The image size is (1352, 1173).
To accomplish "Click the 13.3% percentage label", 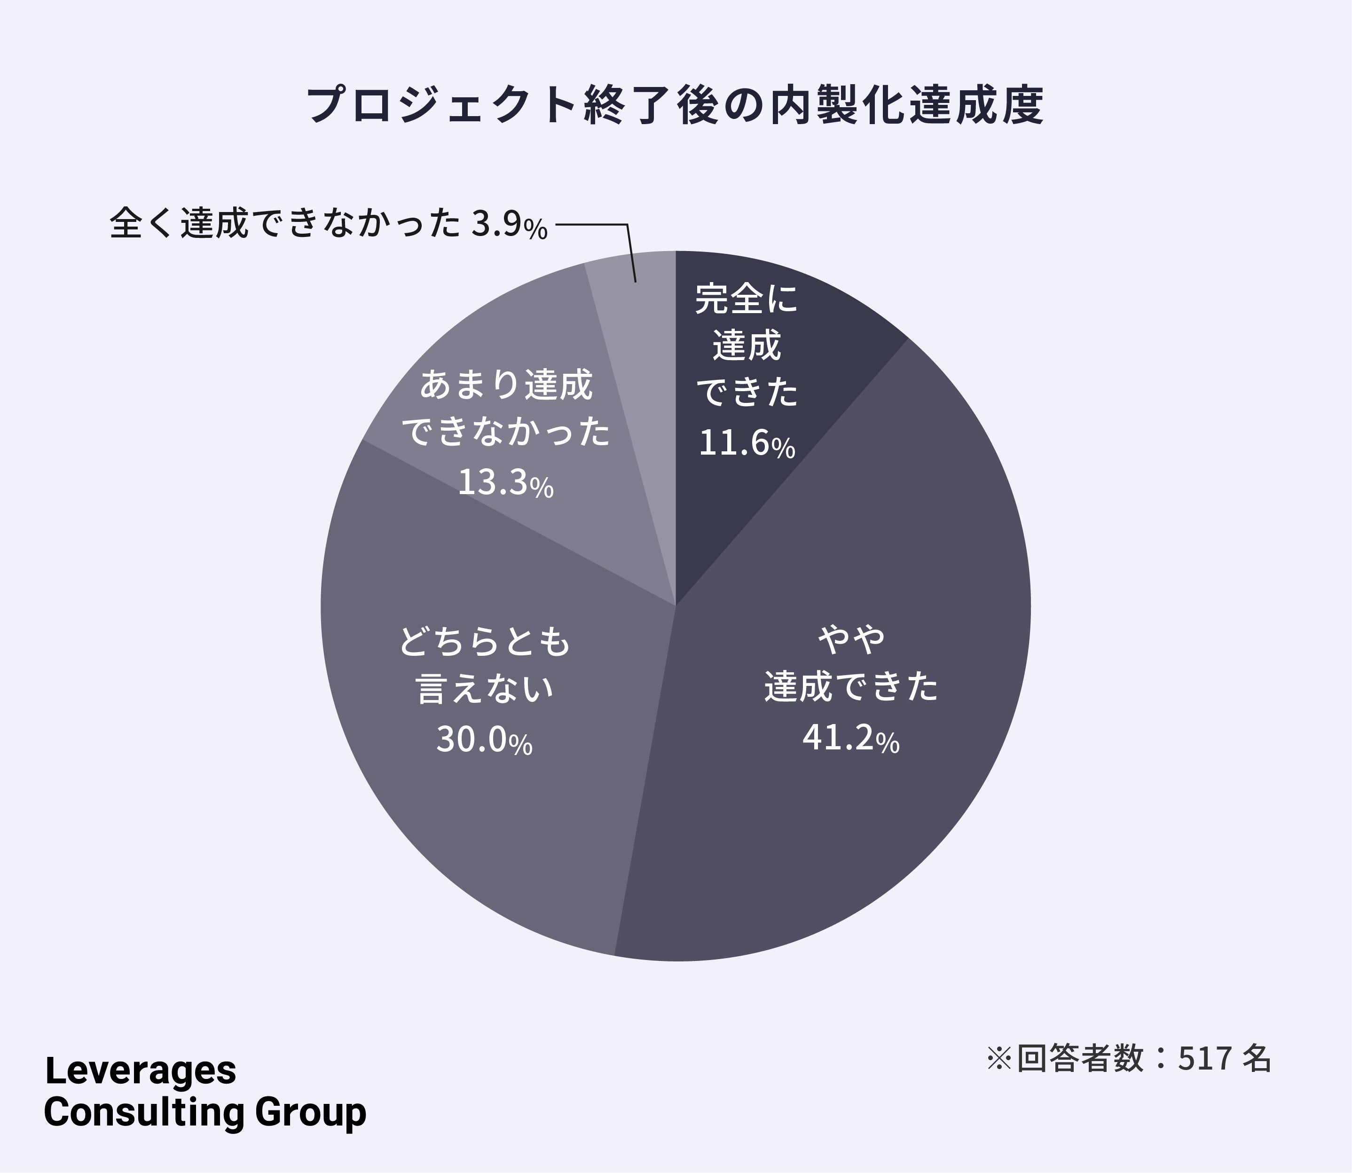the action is click(x=505, y=482).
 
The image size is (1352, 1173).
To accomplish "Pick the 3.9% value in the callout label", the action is click(x=510, y=225).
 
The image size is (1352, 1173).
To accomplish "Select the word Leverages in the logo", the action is click(x=141, y=1071).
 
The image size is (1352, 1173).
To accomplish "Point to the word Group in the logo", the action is click(x=311, y=1113).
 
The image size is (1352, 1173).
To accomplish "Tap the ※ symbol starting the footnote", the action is click(x=1000, y=1058).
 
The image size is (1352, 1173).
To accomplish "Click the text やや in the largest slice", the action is click(x=851, y=639).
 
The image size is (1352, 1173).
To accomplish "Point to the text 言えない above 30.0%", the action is click(x=485, y=689).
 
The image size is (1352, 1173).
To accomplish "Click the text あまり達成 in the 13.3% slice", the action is click(x=505, y=384).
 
